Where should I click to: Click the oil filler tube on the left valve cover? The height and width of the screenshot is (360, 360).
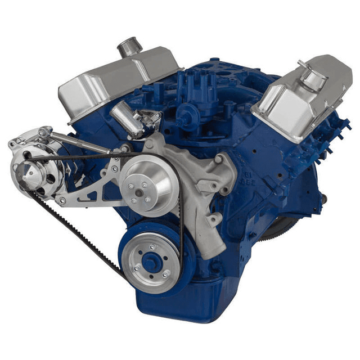[x=129, y=47]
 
